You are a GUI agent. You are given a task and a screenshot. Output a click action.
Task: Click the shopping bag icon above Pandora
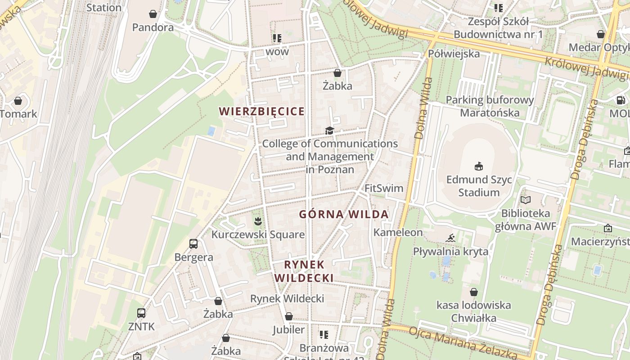(153, 14)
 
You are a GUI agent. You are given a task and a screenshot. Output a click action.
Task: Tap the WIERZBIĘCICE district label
(261, 111)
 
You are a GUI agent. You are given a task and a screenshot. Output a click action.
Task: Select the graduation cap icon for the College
(330, 130)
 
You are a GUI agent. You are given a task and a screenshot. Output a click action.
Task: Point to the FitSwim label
(384, 188)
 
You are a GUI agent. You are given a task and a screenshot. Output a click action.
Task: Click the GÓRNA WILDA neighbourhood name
(344, 214)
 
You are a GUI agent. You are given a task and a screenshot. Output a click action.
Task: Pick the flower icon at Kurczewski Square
(257, 221)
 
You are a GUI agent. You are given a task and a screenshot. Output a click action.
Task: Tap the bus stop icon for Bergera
(193, 244)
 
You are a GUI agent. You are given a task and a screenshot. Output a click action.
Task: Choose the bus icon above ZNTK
(141, 313)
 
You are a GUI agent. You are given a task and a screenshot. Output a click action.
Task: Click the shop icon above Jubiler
(289, 316)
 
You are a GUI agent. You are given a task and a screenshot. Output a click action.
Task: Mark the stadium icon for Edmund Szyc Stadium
(479, 166)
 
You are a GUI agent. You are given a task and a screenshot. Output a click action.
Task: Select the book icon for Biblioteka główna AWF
(525, 200)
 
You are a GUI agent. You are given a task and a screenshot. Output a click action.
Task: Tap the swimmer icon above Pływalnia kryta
(450, 238)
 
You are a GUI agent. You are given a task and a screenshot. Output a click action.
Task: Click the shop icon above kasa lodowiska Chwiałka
(473, 292)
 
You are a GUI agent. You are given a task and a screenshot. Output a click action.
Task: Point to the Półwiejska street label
(448, 54)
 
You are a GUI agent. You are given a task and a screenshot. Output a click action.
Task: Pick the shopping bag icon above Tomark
(18, 101)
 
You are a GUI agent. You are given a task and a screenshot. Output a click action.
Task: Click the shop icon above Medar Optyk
(600, 34)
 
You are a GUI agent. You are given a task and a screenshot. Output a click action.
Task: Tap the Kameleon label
(398, 232)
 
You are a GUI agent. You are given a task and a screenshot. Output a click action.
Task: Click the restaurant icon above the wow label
(277, 38)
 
